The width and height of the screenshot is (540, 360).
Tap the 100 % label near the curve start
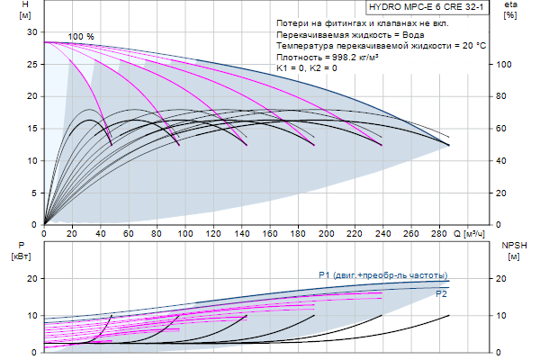coord(81,36)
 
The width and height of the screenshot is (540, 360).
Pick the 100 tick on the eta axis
coord(505,64)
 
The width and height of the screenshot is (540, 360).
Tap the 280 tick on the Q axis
coord(437,233)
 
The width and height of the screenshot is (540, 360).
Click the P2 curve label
coord(442,293)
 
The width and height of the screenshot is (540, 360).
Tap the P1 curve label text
coord(383,274)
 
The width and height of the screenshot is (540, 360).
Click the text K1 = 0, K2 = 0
coord(308,67)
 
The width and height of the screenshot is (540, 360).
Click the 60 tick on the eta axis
coord(505,128)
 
